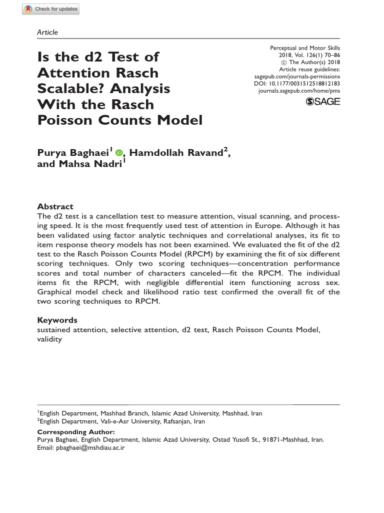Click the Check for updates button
(x=50, y=10)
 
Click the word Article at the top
(x=47, y=33)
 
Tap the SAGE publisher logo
(x=323, y=102)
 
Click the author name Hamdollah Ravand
(x=175, y=153)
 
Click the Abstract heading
(x=55, y=206)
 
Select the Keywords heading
(x=57, y=320)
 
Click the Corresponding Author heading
(x=76, y=432)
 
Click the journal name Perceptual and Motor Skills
(x=305, y=48)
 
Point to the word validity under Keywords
(x=49, y=339)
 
